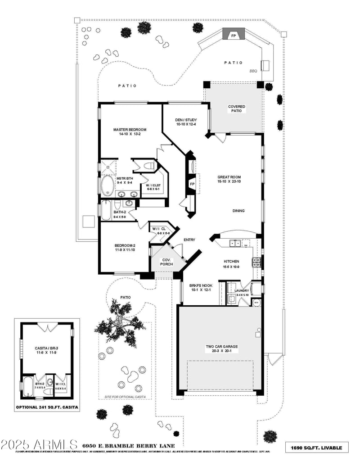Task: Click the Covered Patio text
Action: pyautogui.click(x=237, y=109)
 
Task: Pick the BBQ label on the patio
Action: pyautogui.click(x=253, y=71)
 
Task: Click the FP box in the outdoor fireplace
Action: pyautogui.click(x=234, y=35)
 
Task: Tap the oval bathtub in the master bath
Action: pyautogui.click(x=107, y=185)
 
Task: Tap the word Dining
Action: pyautogui.click(x=238, y=211)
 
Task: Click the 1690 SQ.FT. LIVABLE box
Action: pyautogui.click(x=317, y=448)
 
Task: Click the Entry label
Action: pyautogui.click(x=189, y=240)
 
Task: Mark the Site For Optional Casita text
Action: pyautogui.click(x=125, y=397)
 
